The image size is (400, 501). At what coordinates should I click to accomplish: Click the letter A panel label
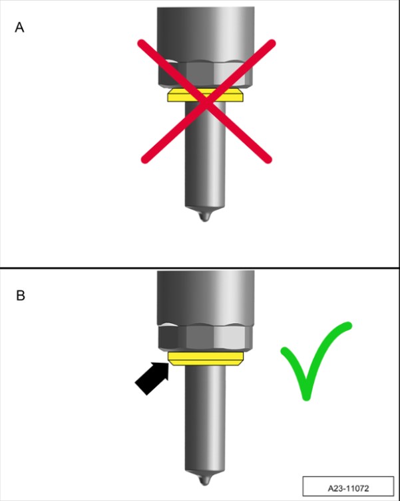pyautogui.click(x=19, y=27)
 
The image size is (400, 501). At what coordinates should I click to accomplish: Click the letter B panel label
pyautogui.click(x=21, y=296)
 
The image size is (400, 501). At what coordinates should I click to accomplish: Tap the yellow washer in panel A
pyautogui.click(x=206, y=95)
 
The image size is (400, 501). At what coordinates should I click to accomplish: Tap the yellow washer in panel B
pyautogui.click(x=206, y=359)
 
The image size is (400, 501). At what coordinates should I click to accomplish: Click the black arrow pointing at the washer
pyautogui.click(x=152, y=378)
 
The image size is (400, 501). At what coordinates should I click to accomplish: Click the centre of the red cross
pyautogui.click(x=207, y=102)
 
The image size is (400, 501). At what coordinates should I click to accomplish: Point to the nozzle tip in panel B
pyautogui.click(x=205, y=480)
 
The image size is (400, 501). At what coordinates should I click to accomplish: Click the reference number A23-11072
pyautogui.click(x=348, y=488)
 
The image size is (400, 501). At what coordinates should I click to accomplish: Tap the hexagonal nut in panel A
pyautogui.click(x=205, y=74)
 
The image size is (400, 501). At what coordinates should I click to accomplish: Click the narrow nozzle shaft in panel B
pyautogui.click(x=205, y=419)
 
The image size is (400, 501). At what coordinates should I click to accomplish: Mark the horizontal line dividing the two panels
pyautogui.click(x=200, y=268)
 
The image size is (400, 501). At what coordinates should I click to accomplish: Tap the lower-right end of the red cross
pyautogui.click(x=268, y=159)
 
